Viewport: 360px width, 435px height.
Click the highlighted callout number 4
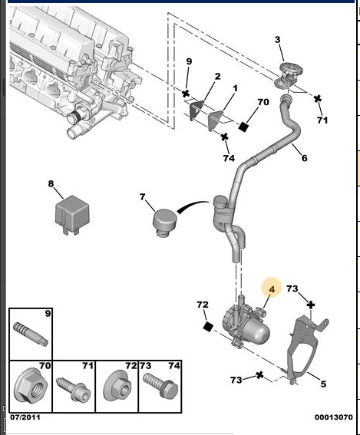coord(272,289)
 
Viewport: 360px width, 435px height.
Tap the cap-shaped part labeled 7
coord(165,223)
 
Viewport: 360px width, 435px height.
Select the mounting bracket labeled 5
coord(306,350)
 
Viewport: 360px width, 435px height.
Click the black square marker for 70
coord(243,127)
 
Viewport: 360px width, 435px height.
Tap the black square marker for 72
coord(208,327)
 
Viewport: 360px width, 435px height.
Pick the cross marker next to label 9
coord(186,94)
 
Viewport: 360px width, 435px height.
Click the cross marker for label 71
coord(318,98)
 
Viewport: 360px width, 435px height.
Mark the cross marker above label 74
coord(225,137)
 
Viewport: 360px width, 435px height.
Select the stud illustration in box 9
coord(31,334)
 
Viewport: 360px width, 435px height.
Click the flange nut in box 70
coord(31,386)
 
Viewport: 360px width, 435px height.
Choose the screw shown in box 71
coord(73,388)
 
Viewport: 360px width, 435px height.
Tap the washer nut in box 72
coord(117,386)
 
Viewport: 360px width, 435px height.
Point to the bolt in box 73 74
coord(160,386)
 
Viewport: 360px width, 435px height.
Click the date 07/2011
coord(25,417)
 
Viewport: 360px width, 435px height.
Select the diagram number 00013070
coord(334,417)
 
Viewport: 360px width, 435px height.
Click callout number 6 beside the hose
coord(305,158)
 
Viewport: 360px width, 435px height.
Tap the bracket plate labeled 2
coord(197,110)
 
